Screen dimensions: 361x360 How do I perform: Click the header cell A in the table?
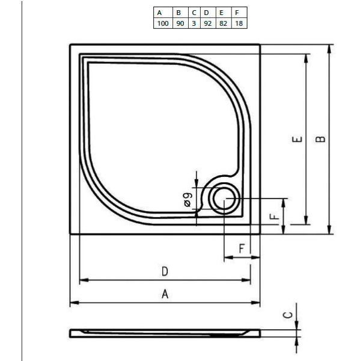click(159, 13)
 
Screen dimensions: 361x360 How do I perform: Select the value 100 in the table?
click(162, 23)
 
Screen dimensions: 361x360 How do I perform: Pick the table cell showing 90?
click(178, 23)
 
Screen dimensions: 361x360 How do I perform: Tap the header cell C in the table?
click(194, 13)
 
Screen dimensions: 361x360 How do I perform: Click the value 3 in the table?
click(194, 23)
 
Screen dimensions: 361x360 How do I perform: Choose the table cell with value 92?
click(207, 23)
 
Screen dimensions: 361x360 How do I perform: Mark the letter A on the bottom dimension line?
click(165, 294)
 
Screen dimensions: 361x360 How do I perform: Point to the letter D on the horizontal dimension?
click(165, 271)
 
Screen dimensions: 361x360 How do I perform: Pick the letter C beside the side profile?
click(288, 315)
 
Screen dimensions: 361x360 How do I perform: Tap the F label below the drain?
click(240, 248)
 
